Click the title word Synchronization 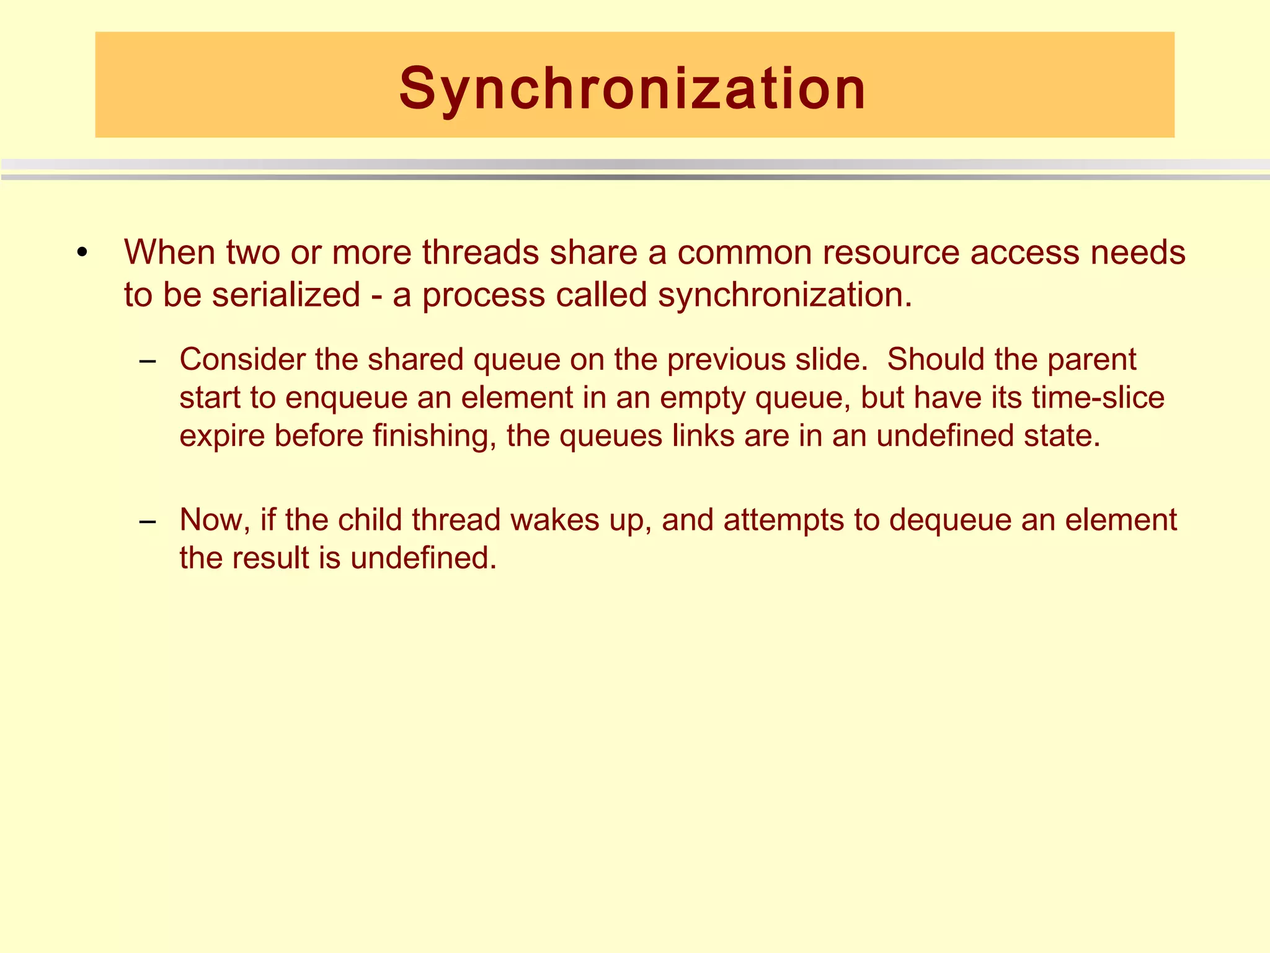pyautogui.click(x=633, y=89)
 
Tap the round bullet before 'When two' pyautogui.click(x=82, y=254)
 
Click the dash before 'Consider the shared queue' pyautogui.click(x=148, y=361)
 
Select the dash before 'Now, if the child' pyautogui.click(x=148, y=521)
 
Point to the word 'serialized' pyautogui.click(x=286, y=294)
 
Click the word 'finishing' pyautogui.click(x=434, y=436)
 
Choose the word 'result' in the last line pyautogui.click(x=270, y=558)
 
